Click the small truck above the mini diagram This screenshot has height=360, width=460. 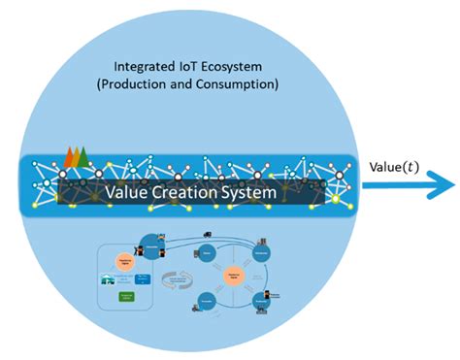[x=207, y=234]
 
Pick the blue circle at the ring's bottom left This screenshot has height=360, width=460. [x=206, y=300]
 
